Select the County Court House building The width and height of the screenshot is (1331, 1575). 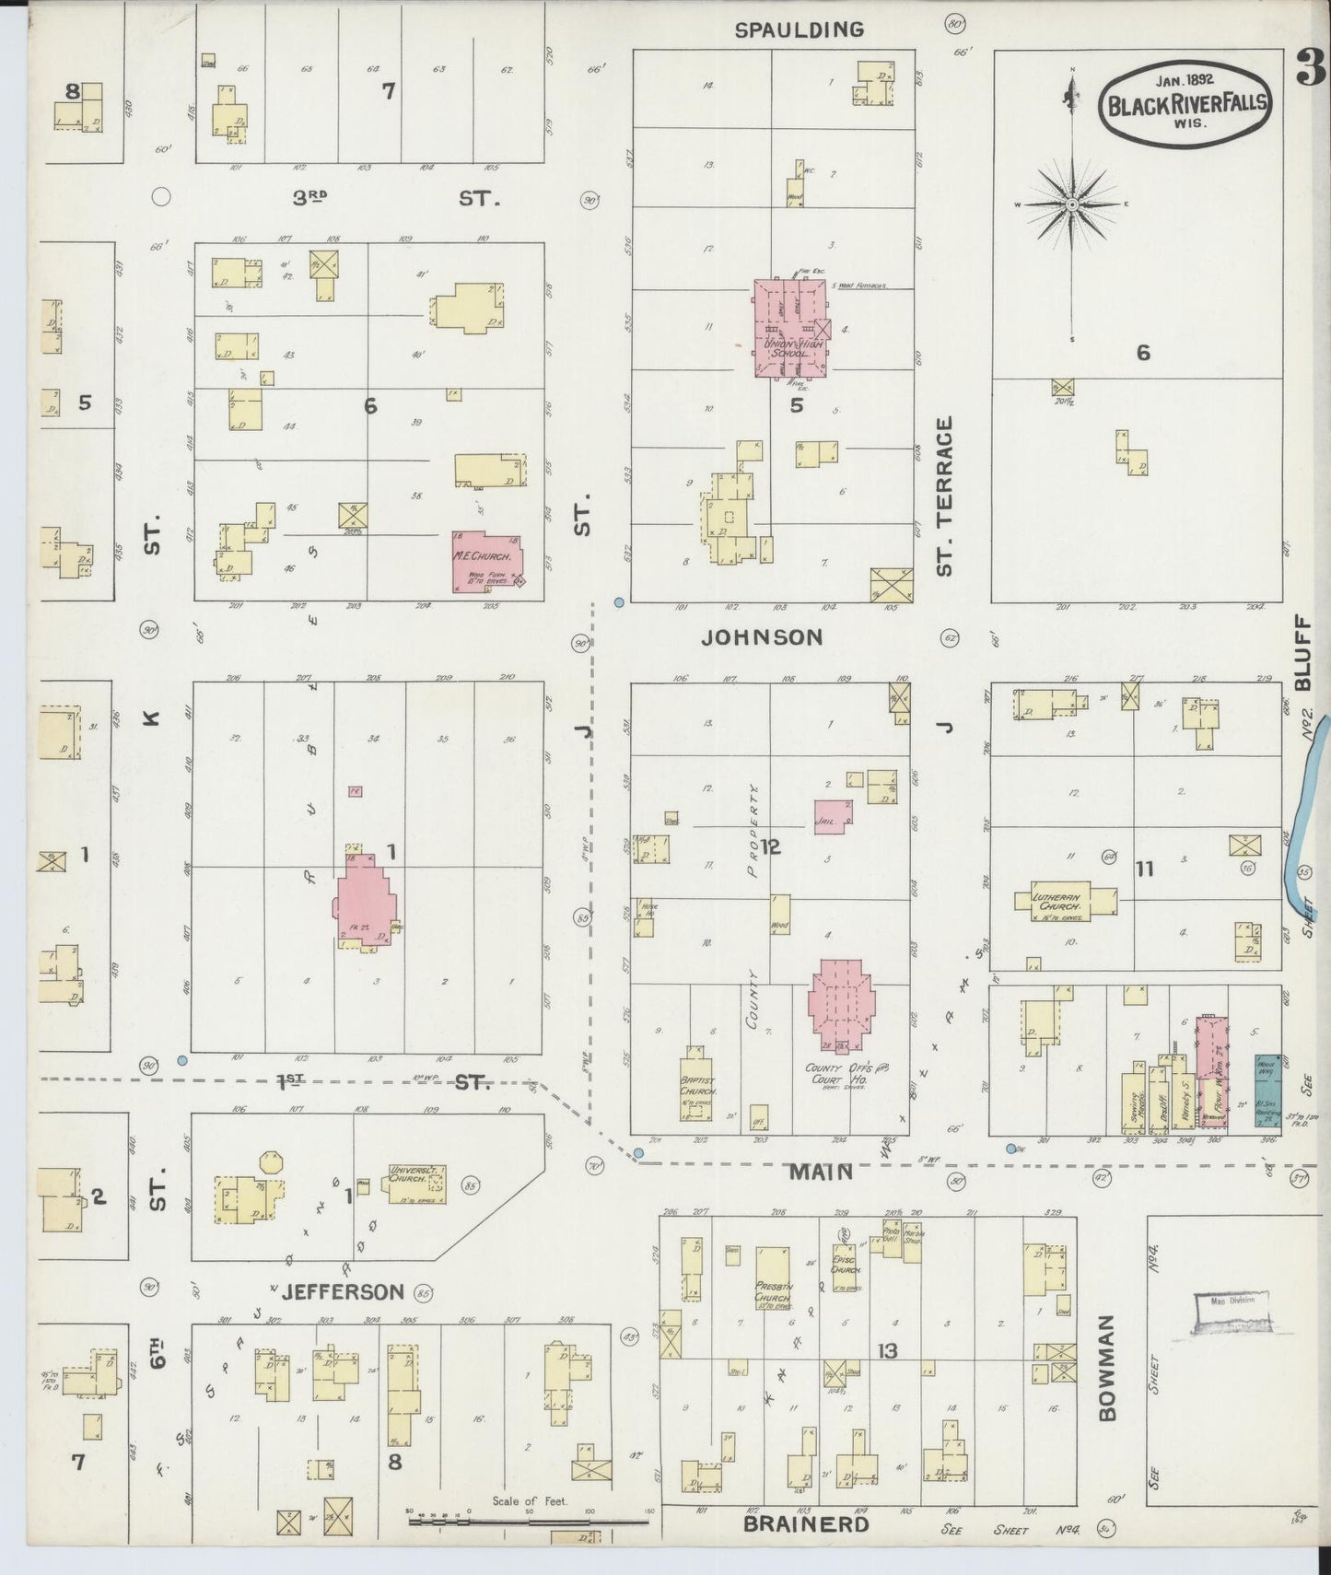click(x=841, y=1006)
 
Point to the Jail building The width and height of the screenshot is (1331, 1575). click(x=833, y=816)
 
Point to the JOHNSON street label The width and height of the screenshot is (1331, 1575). click(x=762, y=637)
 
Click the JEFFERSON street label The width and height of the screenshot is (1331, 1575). click(x=343, y=1291)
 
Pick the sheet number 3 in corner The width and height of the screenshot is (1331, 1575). click(x=1309, y=66)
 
